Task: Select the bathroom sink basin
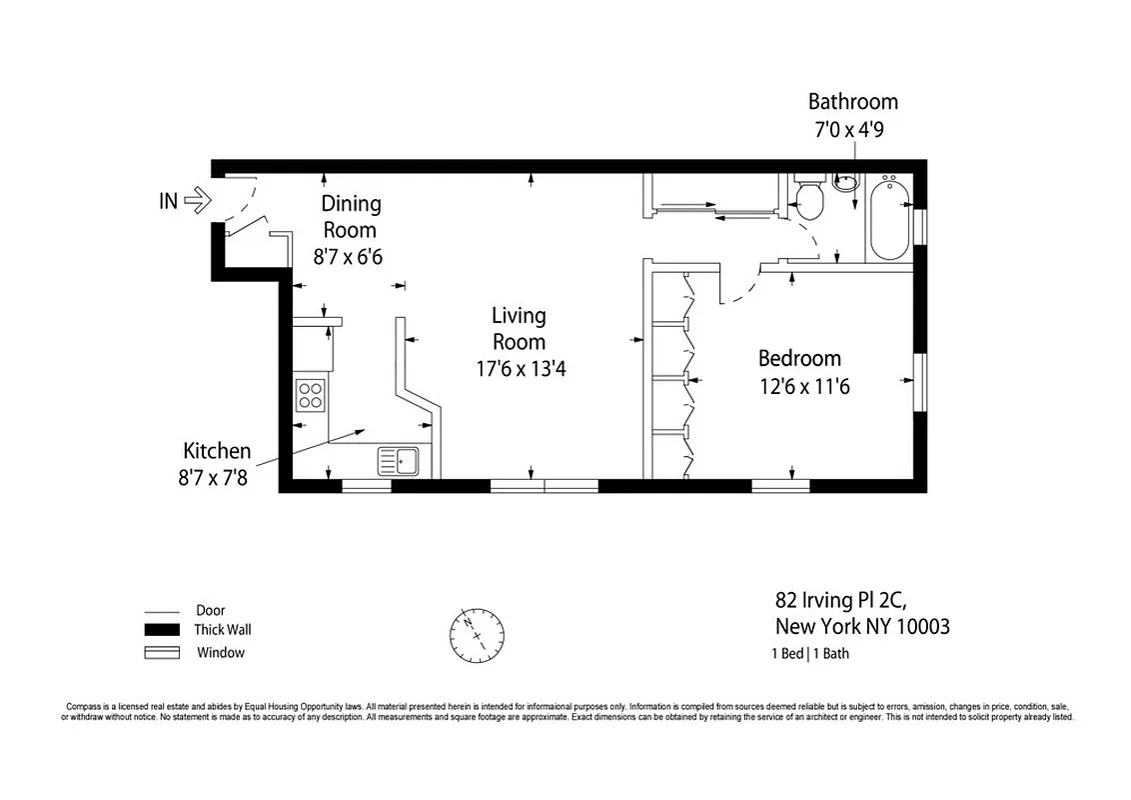846,182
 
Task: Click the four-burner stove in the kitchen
311,396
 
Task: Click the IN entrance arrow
196,201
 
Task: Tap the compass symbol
477,633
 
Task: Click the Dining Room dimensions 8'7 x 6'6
348,257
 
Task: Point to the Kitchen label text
216,451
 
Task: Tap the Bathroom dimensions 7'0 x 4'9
852,129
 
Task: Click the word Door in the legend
211,610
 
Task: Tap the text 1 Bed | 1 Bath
810,655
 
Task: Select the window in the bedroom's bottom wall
779,486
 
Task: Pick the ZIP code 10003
920,628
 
